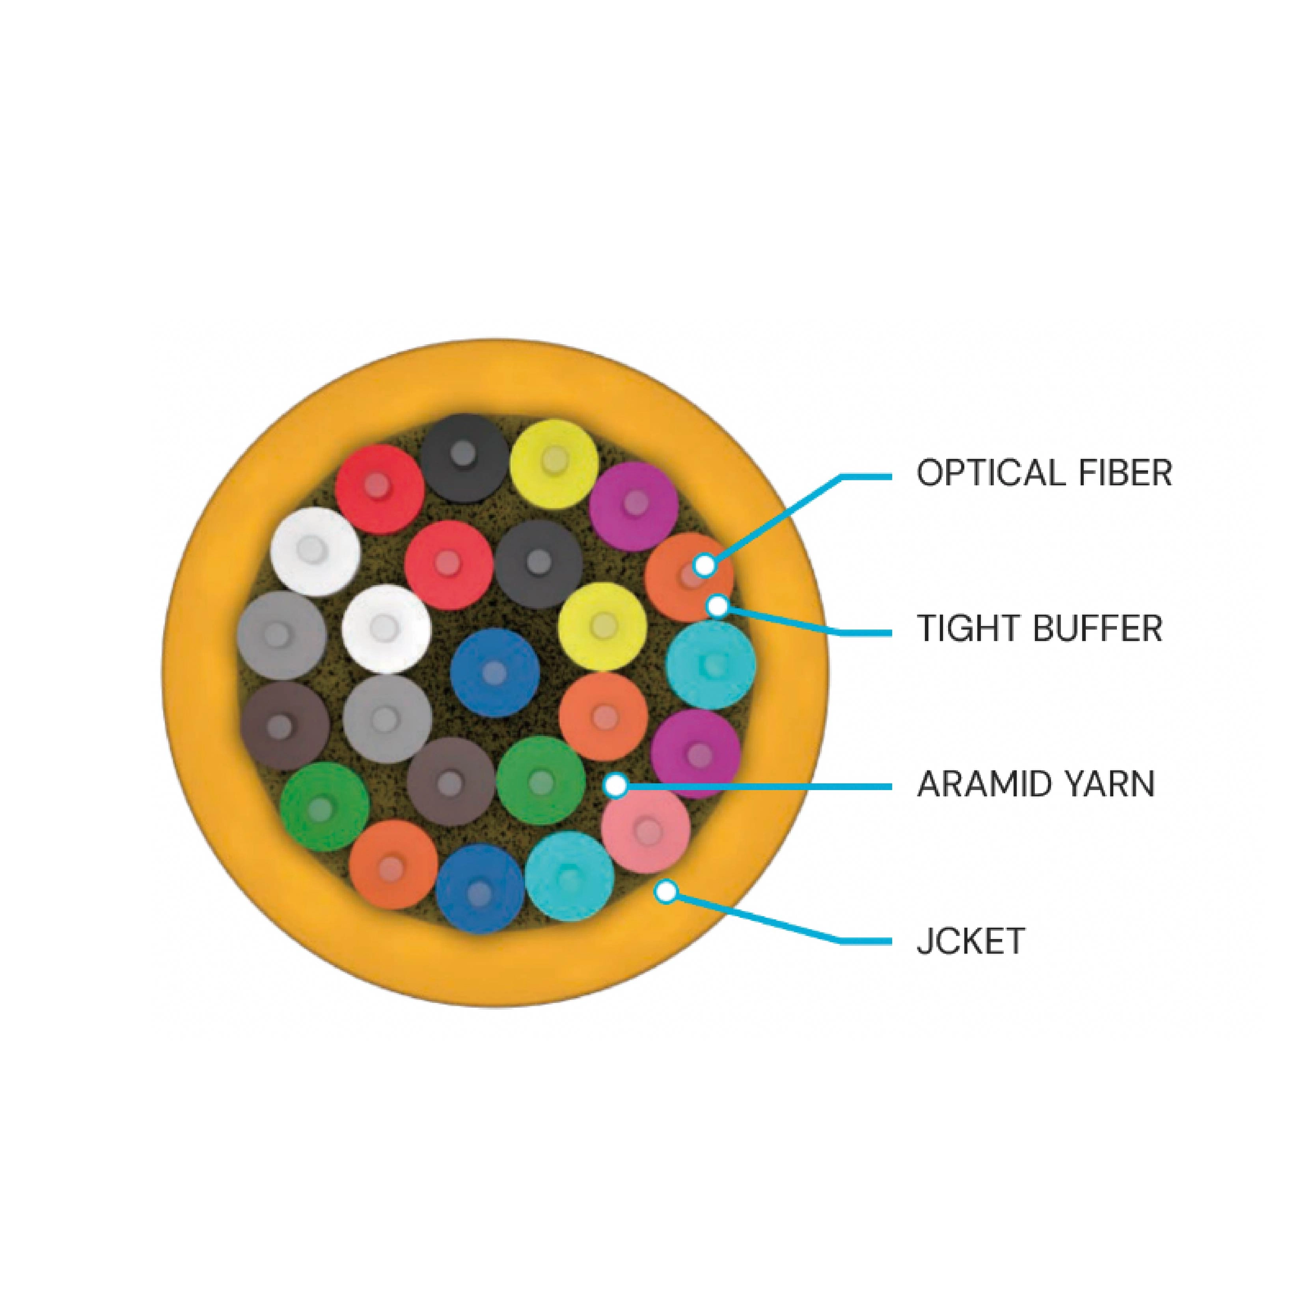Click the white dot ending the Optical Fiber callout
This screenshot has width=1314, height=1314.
705,564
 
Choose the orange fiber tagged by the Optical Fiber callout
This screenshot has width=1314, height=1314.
688,578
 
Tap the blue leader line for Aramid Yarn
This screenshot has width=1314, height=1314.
755,786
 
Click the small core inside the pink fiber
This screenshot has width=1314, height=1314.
647,830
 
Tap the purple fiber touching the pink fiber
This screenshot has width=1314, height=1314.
695,753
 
